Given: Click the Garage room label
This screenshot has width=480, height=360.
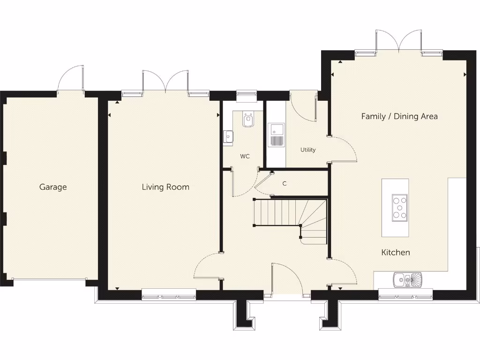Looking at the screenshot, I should click(x=53, y=187).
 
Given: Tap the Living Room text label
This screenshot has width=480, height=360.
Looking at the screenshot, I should click(x=165, y=187).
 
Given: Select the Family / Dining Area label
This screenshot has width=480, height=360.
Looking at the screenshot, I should click(x=399, y=116).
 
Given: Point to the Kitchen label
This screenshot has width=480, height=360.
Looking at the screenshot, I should click(x=395, y=253).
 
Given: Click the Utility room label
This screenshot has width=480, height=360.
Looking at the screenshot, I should click(x=308, y=150).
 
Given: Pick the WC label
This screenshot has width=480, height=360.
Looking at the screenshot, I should click(x=245, y=157).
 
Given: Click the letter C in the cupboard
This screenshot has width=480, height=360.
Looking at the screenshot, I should click(x=284, y=184).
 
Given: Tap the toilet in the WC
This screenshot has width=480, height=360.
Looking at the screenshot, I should click(x=248, y=120).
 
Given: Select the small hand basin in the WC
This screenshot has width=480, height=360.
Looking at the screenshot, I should click(x=228, y=136).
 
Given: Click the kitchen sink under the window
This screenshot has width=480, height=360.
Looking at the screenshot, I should click(x=408, y=280).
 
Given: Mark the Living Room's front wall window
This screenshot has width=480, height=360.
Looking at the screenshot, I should click(x=169, y=294).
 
